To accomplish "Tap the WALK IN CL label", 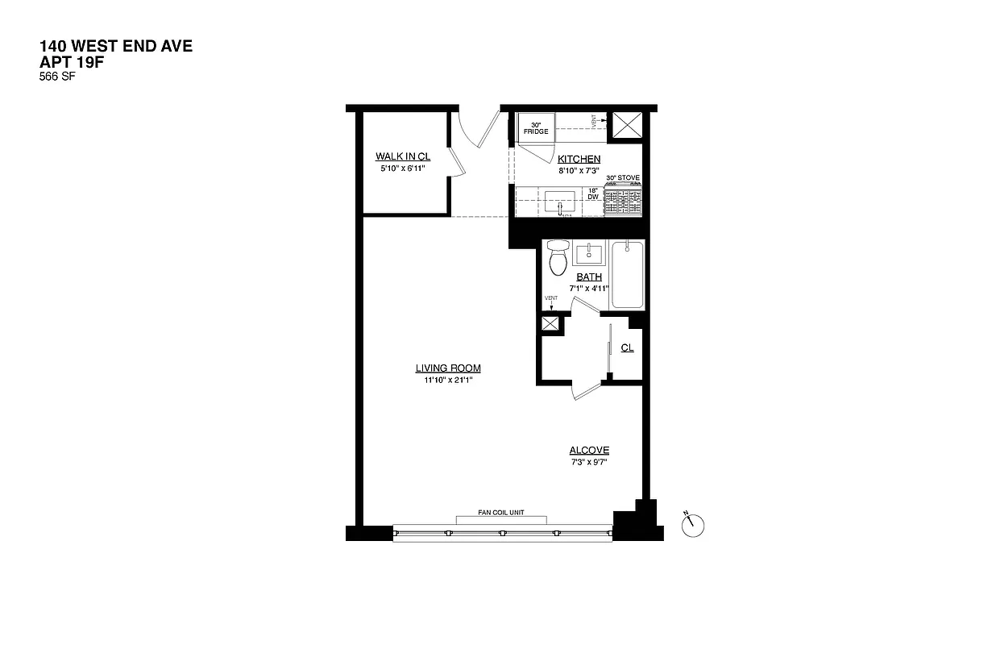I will [396, 156].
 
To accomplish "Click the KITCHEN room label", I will [579, 160].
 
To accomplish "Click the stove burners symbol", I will [623, 199].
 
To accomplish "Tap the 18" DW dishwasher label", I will [593, 193].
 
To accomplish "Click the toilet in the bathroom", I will [557, 258].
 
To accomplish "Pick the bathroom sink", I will [589, 255].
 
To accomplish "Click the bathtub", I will [627, 274].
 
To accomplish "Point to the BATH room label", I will [588, 277].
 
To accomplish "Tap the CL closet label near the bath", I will [627, 348].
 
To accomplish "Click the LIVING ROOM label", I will [448, 368].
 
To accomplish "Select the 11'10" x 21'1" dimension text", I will [448, 381].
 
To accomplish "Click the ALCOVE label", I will [589, 451].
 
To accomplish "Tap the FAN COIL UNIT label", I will [501, 513].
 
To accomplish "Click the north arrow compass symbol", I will [692, 525].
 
